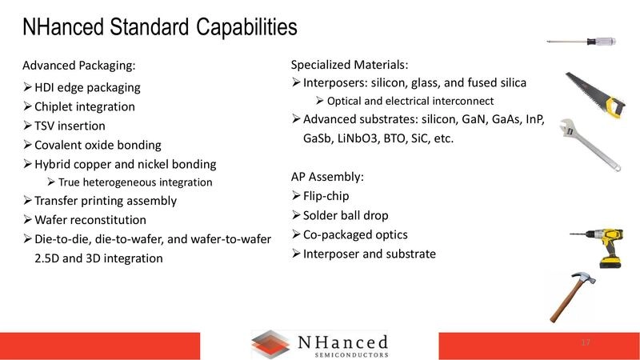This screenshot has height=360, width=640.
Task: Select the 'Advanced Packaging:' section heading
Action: coord(78,66)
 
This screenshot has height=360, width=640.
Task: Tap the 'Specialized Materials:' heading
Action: coord(349,64)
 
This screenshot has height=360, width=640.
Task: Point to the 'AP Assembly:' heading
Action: coord(328,176)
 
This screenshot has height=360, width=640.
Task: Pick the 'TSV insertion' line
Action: coord(71,126)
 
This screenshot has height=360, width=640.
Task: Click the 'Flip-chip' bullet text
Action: coord(326,196)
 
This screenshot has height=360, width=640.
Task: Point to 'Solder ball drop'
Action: coord(345,215)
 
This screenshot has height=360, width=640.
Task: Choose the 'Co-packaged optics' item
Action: coord(355,234)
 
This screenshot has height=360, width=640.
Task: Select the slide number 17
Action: coord(585,343)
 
